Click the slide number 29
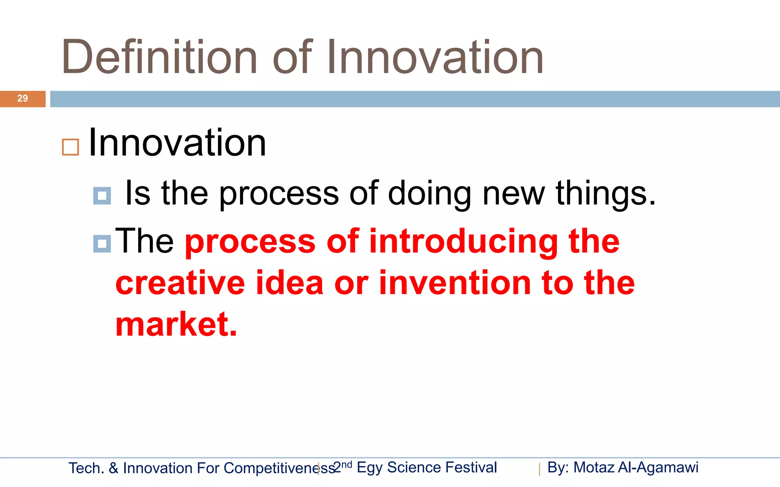coord(22,99)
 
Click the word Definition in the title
coord(159,57)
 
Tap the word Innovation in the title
coord(435,57)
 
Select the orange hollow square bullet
coord(70,147)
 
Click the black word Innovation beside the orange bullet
coord(177,143)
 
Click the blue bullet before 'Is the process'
coord(102,196)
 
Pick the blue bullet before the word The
coord(102,243)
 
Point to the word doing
coord(429,193)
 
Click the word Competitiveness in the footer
coord(279,468)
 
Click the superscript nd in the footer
coord(347,465)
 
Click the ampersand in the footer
coord(113,468)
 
